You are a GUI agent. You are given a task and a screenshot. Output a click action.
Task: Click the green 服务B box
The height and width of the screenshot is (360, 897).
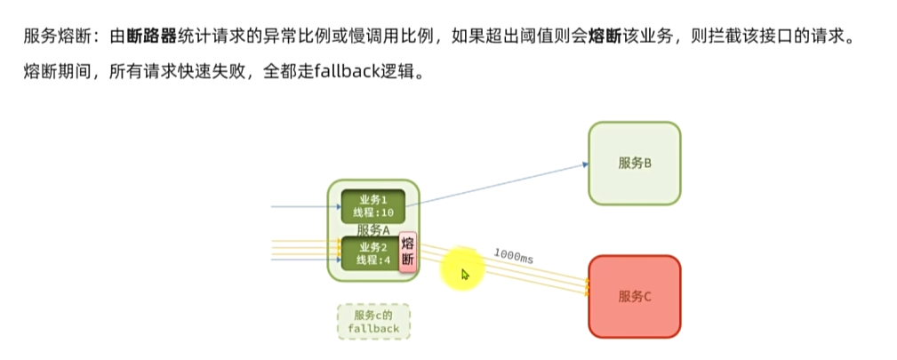pyautogui.click(x=635, y=163)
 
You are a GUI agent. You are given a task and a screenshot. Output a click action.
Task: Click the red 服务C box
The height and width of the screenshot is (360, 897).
pyautogui.click(x=635, y=296)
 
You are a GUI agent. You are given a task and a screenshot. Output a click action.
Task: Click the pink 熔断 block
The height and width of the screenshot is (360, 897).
pyautogui.click(x=408, y=252)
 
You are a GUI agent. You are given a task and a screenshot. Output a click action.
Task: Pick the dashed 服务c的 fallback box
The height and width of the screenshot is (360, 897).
pyautogui.click(x=374, y=322)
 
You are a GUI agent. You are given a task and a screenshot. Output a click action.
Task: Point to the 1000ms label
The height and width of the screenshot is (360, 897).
pyautogui.click(x=513, y=257)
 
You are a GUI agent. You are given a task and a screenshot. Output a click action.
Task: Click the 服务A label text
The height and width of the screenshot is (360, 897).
pyautogui.click(x=373, y=230)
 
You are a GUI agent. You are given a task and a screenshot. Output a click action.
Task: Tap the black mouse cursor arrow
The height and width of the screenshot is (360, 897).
pyautogui.click(x=465, y=274)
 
